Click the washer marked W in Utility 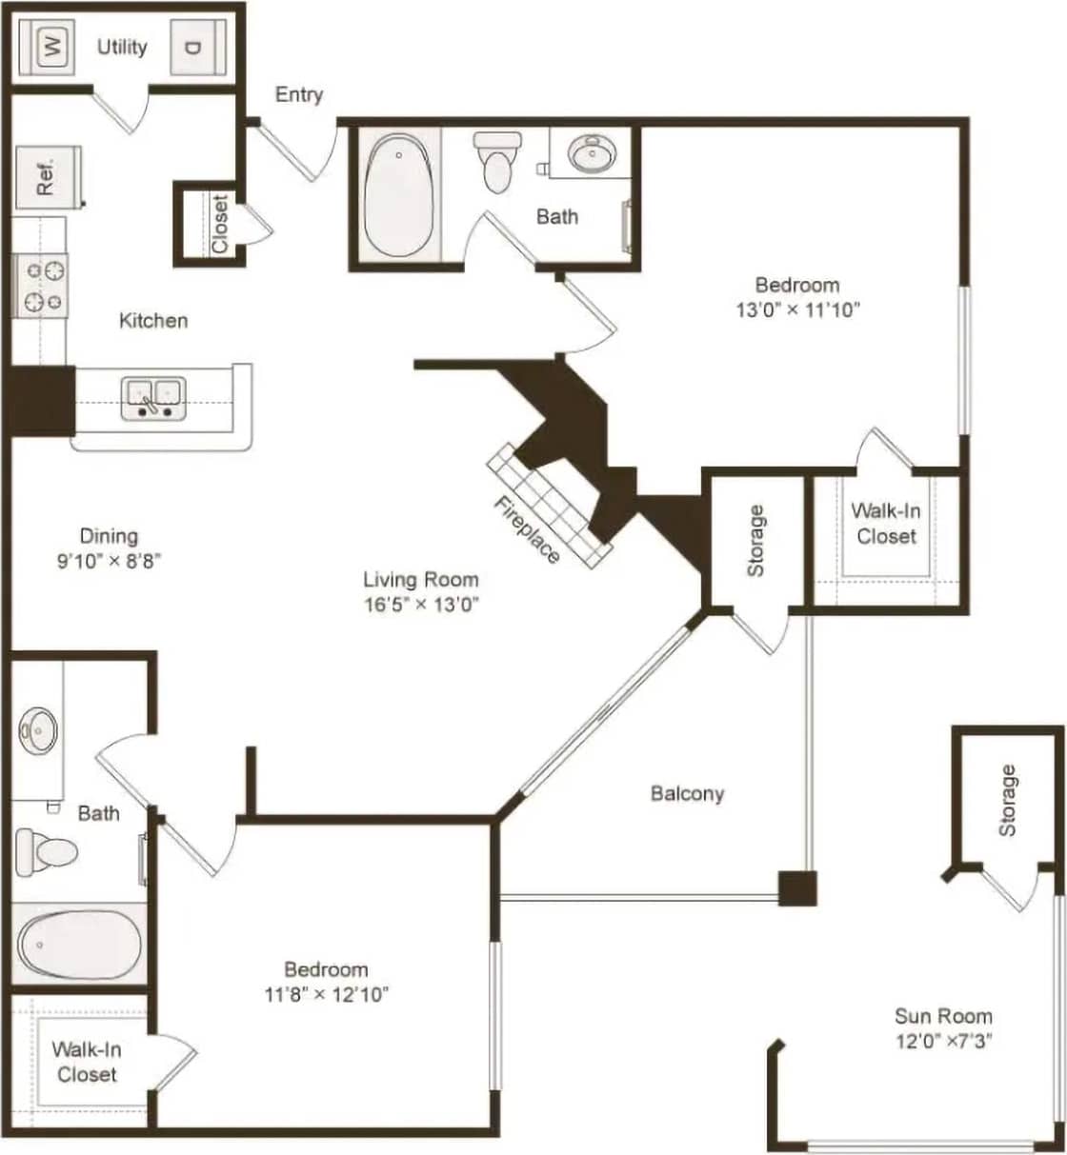click(x=52, y=46)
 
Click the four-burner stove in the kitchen click(x=40, y=286)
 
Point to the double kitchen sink click(x=153, y=397)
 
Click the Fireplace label click(x=526, y=529)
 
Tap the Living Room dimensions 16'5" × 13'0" click(x=420, y=603)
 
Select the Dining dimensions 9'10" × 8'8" click(x=108, y=561)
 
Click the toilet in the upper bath click(x=497, y=162)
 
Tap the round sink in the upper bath click(x=591, y=152)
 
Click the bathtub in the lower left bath click(x=78, y=945)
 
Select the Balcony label click(x=687, y=793)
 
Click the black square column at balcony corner click(x=797, y=888)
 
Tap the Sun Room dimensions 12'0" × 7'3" click(x=943, y=1041)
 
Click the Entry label click(x=299, y=94)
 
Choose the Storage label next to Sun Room click(x=1007, y=800)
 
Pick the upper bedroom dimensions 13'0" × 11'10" click(x=797, y=309)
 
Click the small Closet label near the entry click(x=220, y=225)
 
